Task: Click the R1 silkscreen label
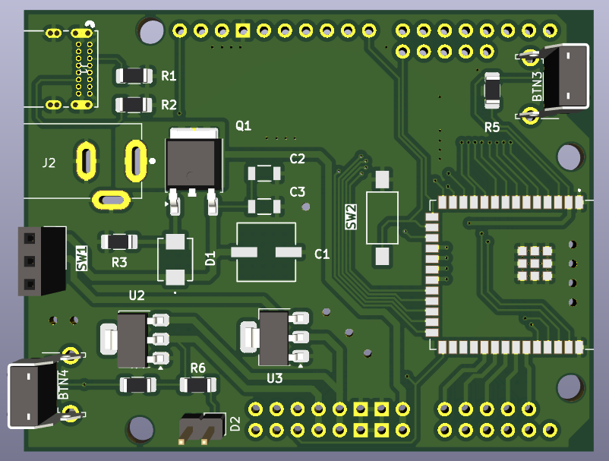coord(169,76)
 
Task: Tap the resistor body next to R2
coord(134,105)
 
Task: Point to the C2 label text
coord(297,159)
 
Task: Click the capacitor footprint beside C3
coord(264,207)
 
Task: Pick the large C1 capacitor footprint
coord(266,252)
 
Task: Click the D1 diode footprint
coord(175,260)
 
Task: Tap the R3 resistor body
coord(119,242)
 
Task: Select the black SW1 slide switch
coord(42,260)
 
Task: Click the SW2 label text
coord(350,217)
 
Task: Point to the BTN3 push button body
coord(566,77)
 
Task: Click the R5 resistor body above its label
coord(492,90)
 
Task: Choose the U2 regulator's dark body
coord(132,339)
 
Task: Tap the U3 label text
coord(275,378)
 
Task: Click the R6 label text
coord(197,368)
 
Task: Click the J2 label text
coord(49,163)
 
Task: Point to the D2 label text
coord(235,423)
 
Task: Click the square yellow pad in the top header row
coord(243,30)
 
